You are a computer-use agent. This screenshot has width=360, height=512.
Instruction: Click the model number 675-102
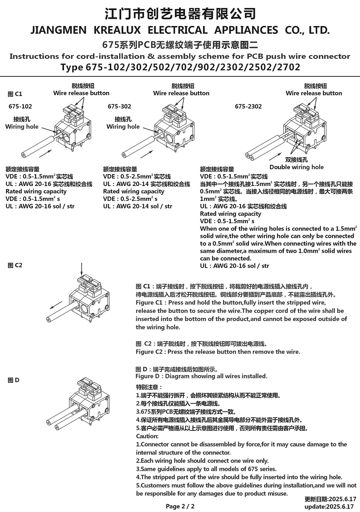tap(20, 106)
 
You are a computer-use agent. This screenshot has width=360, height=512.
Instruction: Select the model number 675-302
tap(119, 106)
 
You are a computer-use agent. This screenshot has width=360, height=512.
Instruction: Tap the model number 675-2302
tap(248, 106)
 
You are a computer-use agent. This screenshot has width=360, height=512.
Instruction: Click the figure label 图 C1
tap(15, 94)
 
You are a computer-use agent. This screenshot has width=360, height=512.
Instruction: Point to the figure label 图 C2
tap(15, 265)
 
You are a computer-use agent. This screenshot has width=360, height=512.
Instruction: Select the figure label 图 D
tap(14, 380)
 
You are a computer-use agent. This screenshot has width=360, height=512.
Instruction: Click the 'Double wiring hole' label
tap(296, 167)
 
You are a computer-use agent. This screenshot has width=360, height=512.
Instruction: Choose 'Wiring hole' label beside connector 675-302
tap(123, 126)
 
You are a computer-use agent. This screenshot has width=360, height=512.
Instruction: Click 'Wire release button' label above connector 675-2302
tap(314, 93)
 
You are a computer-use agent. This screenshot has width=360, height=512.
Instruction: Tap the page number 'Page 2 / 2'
tap(180, 506)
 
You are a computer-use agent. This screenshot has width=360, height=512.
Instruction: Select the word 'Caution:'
tap(147, 436)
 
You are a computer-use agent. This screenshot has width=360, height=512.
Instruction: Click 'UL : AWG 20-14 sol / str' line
tap(138, 206)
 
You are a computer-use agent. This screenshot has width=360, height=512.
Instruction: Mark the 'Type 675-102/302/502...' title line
tap(180, 67)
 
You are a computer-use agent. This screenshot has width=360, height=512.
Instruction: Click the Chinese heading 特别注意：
tap(149, 387)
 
